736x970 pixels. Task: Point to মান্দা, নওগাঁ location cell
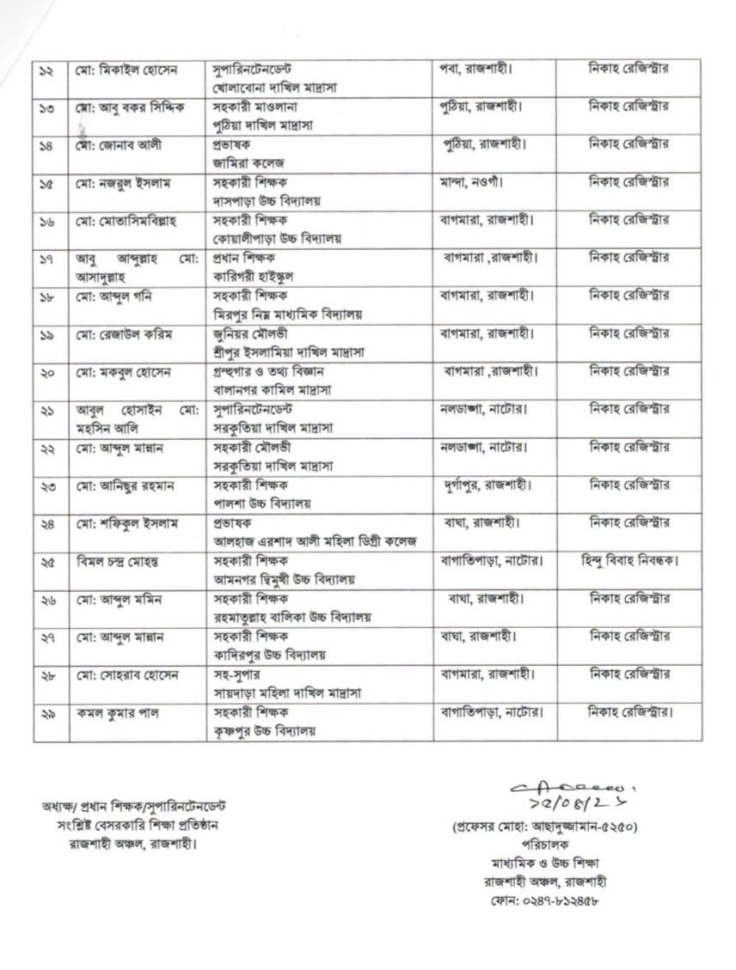click(x=469, y=182)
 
